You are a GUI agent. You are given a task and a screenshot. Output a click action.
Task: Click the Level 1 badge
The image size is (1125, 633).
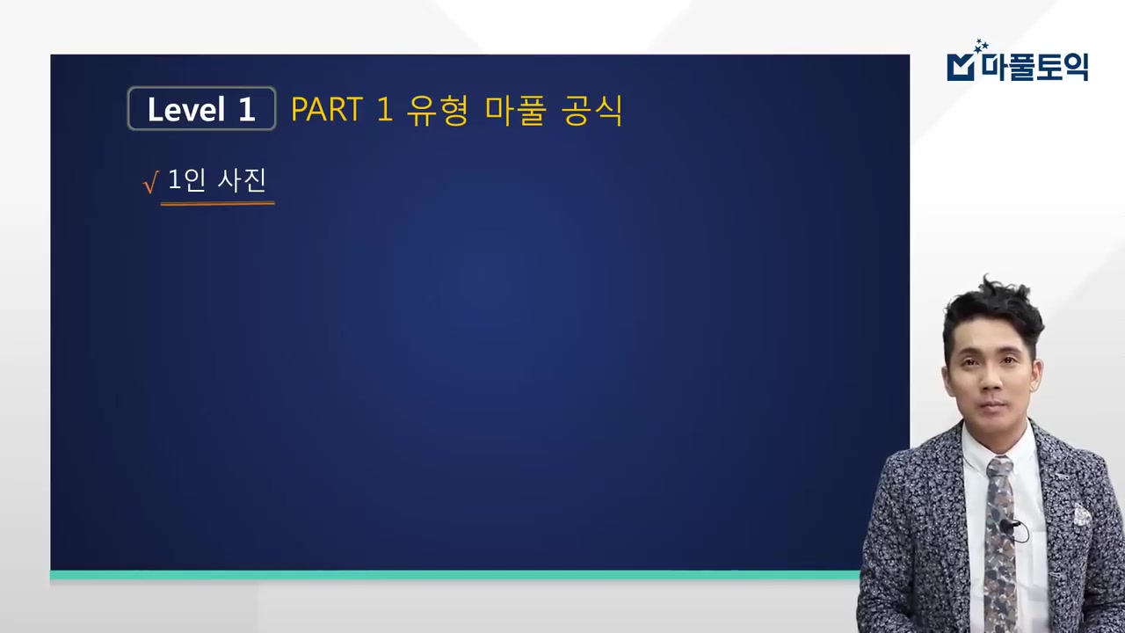click(x=201, y=109)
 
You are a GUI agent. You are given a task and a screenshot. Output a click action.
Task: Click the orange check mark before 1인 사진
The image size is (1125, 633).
click(x=149, y=183)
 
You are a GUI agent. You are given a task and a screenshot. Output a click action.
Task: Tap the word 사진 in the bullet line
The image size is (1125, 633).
click(x=242, y=180)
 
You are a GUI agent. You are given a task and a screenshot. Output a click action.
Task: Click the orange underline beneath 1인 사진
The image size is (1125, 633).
click(x=217, y=203)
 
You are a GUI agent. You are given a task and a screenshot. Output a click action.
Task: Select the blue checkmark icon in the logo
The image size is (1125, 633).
click(x=960, y=67)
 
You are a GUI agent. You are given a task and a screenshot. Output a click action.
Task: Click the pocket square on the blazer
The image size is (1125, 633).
click(x=1080, y=513)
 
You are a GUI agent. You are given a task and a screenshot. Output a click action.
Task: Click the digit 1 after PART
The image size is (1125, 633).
click(x=383, y=110)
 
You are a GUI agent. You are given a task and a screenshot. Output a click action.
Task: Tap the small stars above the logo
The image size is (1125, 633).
click(x=981, y=46)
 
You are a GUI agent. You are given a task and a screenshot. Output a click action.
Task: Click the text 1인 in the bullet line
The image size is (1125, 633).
click(x=186, y=180)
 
